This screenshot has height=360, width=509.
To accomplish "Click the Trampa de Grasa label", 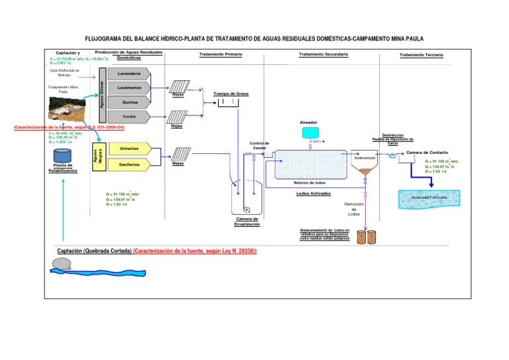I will (x=231, y=94).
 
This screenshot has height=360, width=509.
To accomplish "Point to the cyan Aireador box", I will (x=310, y=132).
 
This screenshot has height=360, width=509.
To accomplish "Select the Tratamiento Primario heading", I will (x=221, y=54).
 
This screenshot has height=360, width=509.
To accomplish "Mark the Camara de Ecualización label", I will (x=246, y=221).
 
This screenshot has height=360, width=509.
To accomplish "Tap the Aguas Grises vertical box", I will (x=101, y=95).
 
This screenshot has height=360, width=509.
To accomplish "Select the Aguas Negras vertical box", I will (x=98, y=156).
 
